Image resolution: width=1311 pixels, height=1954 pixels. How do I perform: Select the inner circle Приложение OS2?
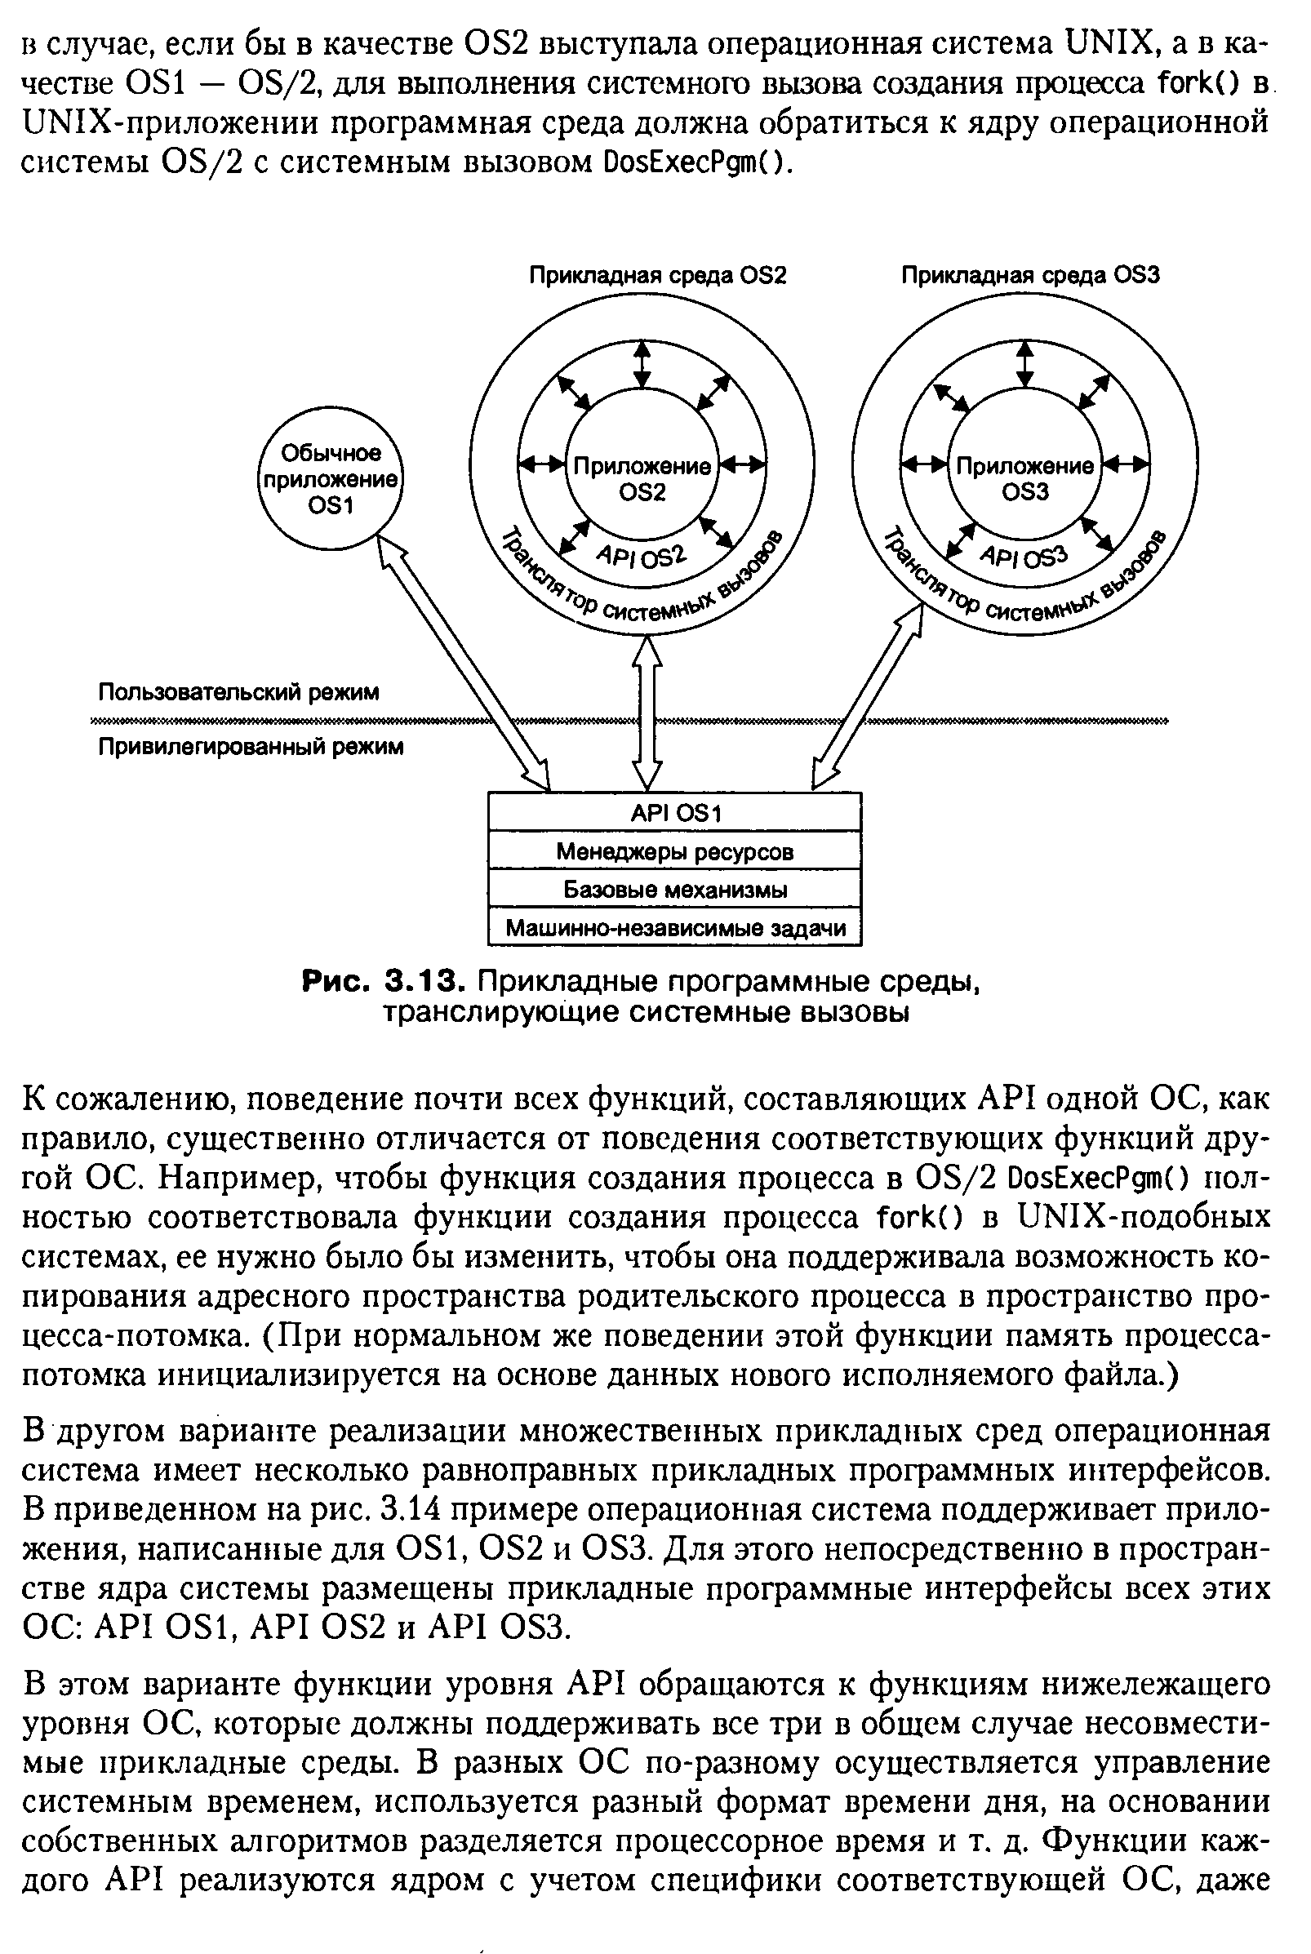click(642, 479)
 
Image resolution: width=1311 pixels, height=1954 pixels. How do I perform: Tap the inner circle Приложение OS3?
click(1025, 478)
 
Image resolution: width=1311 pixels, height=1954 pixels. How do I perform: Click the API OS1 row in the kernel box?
click(674, 812)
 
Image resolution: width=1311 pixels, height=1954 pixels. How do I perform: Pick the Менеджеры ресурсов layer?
click(674, 851)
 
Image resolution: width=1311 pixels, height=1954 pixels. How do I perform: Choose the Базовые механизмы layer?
click(674, 889)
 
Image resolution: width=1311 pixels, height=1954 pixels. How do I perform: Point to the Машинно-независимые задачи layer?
click(674, 928)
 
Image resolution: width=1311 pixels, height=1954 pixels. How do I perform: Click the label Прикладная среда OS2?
click(657, 276)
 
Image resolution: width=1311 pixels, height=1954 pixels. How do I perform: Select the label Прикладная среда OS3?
click(1030, 276)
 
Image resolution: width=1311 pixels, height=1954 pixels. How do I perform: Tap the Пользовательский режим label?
click(238, 692)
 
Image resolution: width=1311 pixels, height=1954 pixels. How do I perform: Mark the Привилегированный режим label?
click(251, 746)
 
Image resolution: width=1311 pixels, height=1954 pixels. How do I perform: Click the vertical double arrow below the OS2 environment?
click(647, 714)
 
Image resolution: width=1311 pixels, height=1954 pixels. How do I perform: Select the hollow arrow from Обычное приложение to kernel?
click(464, 664)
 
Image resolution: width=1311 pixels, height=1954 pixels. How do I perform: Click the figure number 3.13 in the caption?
click(423, 981)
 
